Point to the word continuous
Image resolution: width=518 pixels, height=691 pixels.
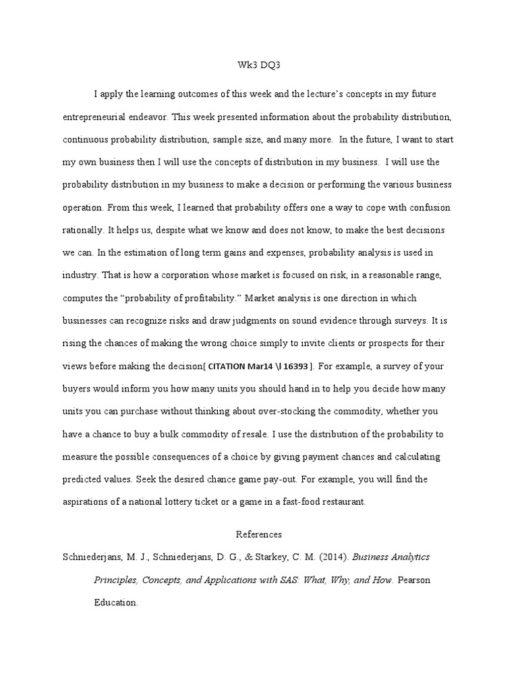coord(84,139)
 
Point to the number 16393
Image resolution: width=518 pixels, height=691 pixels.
coord(294,367)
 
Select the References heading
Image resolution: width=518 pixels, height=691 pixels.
coord(258,534)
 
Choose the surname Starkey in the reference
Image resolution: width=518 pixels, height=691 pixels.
coord(275,557)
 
